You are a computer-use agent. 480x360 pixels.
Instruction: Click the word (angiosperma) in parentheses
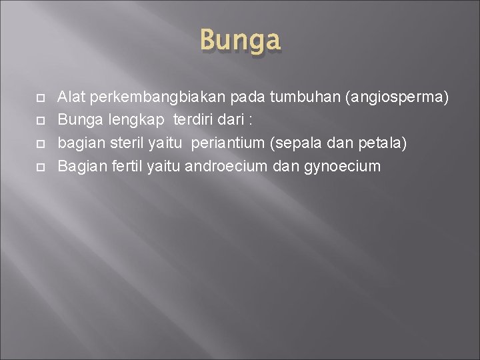pyautogui.click(x=397, y=98)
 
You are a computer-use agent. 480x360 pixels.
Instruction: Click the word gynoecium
pyautogui.click(x=342, y=166)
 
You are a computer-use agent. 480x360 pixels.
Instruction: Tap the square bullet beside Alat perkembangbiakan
pyautogui.click(x=39, y=99)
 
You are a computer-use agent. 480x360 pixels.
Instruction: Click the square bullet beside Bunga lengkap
pyautogui.click(x=39, y=121)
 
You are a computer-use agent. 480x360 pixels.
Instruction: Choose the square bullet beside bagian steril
pyautogui.click(x=39, y=144)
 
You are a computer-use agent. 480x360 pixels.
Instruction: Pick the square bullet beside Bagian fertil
pyautogui.click(x=39, y=167)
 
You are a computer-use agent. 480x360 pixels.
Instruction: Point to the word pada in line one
pyautogui.click(x=248, y=98)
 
